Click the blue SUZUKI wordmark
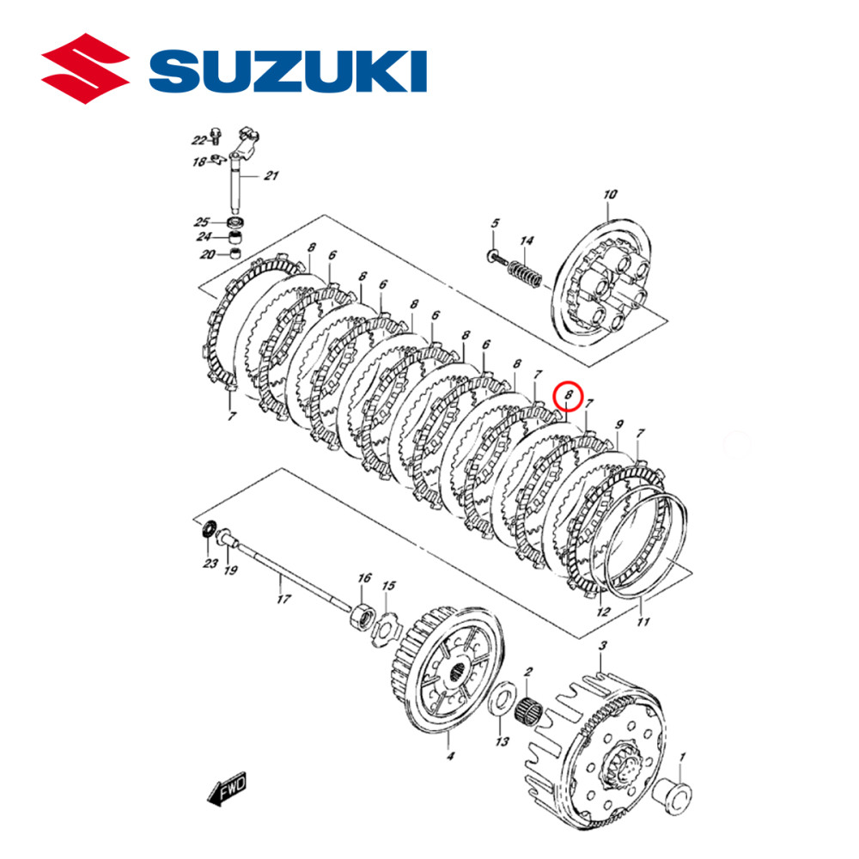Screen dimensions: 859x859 pos(289,71)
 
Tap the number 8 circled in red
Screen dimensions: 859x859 pos(569,396)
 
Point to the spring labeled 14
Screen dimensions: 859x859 pos(525,273)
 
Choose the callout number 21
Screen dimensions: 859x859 pos(271,176)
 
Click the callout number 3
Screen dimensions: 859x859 pos(602,645)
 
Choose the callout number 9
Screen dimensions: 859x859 pos(618,425)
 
